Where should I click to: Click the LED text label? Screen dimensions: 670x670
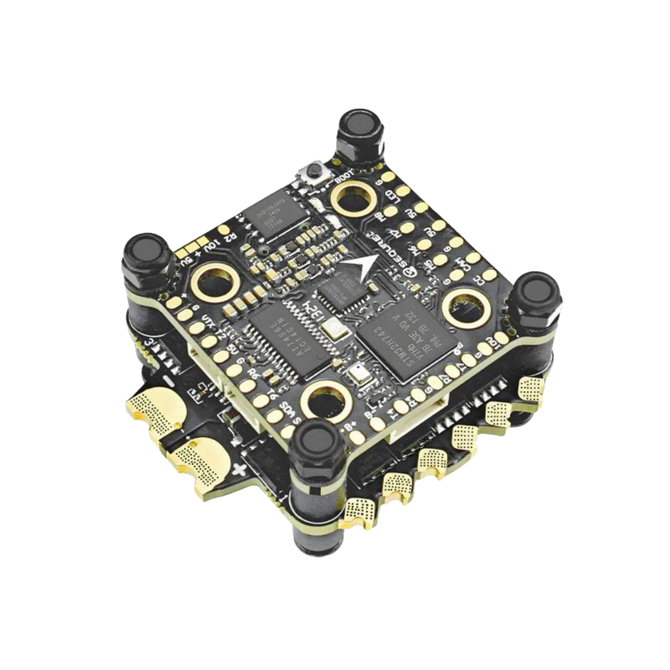coord(394,196)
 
